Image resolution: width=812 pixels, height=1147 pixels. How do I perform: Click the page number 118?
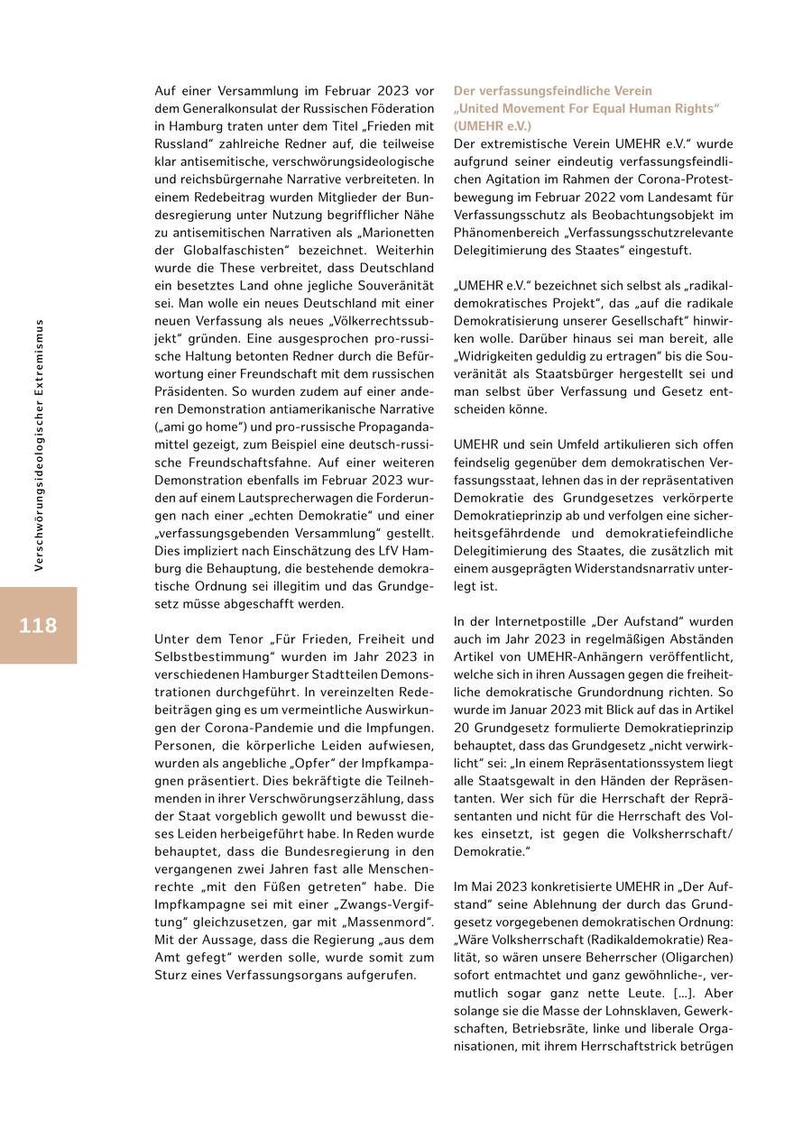38,626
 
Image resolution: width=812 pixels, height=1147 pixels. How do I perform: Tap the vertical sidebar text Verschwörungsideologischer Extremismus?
39,445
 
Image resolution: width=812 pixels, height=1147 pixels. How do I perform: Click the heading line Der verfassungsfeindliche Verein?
552,91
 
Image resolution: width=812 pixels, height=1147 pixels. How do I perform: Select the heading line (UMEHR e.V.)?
492,126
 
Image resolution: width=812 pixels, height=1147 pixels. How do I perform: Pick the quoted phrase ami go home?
191,424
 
